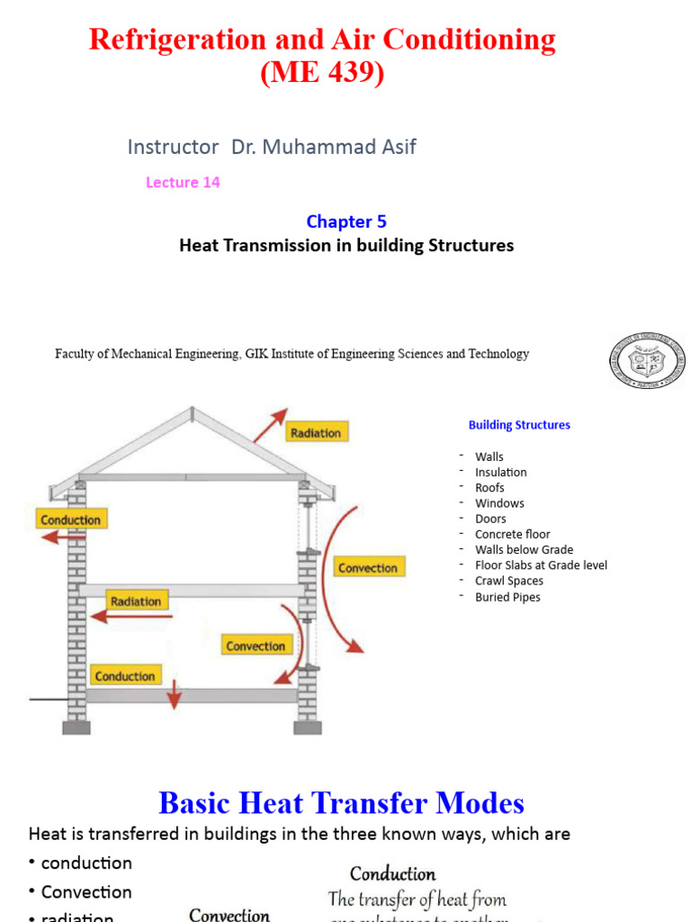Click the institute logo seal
coord(647,360)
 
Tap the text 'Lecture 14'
coord(183,183)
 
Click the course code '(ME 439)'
coord(322,73)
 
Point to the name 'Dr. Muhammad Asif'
coord(324,147)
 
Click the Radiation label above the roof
coord(315,433)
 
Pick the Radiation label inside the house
coord(135,601)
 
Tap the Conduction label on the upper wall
coord(71,520)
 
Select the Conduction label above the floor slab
coord(125,676)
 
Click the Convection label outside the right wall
coord(367,568)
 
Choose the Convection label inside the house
coord(256,646)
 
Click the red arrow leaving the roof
coord(268,426)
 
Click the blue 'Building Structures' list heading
coord(519,425)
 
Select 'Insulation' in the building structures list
coord(501,472)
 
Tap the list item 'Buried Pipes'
coord(507,597)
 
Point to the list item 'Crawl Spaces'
coord(509,581)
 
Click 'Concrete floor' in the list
coord(513,534)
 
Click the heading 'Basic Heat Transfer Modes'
coord(341,803)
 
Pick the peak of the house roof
coord(192,411)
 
